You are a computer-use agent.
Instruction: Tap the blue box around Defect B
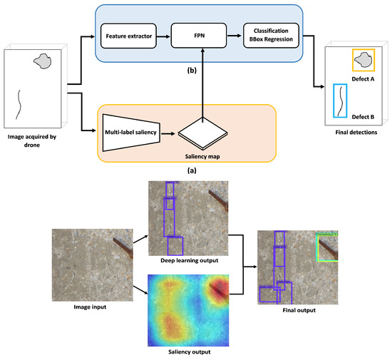coord(341,101)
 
